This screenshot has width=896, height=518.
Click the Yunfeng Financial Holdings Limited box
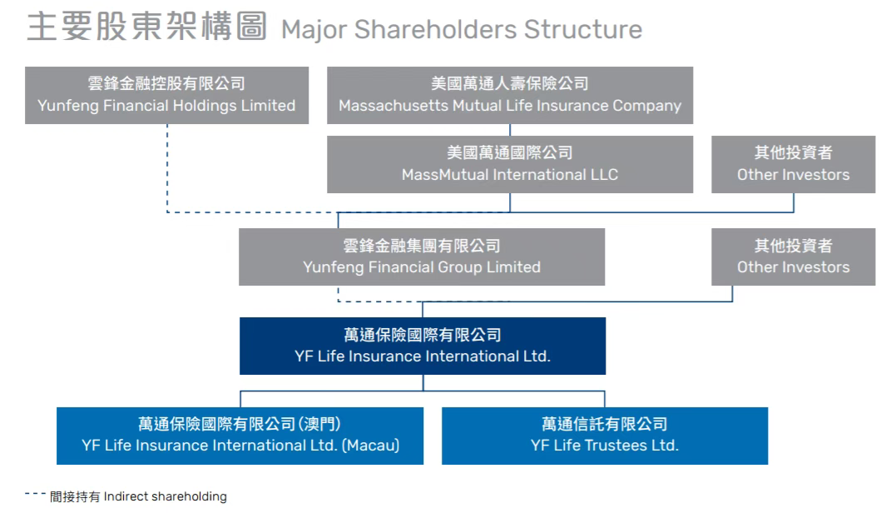coord(166,95)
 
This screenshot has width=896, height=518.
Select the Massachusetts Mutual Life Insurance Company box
coord(509,95)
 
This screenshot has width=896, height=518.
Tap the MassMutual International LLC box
coord(509,164)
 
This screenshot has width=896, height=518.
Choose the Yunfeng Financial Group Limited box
coord(421,257)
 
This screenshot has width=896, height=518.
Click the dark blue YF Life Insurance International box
coord(422,346)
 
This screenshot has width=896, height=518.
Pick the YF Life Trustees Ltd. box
coord(604,435)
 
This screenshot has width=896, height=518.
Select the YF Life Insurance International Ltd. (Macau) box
coord(240,435)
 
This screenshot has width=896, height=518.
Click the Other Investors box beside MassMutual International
coord(793,164)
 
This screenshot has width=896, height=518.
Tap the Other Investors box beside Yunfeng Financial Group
coord(793,257)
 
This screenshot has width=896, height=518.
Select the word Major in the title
coord(314,30)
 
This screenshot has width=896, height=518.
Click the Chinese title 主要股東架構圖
coord(146,27)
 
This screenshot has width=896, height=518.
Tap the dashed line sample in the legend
coord(35,495)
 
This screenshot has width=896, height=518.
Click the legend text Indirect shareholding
coord(165,497)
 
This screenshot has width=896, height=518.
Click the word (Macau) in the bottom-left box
coord(370,446)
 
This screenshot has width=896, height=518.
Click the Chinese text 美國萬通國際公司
coord(509,153)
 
